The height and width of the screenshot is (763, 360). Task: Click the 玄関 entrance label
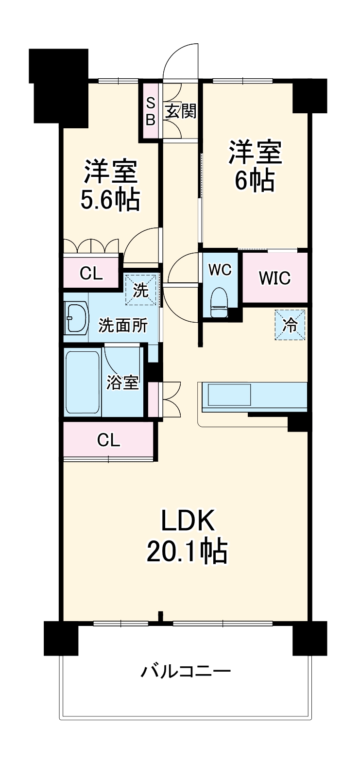pos(180,111)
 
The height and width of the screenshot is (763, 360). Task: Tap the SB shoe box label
pos(150,111)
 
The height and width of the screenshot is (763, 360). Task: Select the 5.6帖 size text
pos(110,200)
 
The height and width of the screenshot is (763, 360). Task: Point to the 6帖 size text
pos(255,181)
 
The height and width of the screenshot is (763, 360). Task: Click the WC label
pos(220,270)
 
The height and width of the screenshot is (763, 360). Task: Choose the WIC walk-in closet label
pos(274,278)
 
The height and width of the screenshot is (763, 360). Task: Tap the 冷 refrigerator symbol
pos(290,325)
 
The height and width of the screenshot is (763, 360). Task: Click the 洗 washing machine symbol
pos(141,291)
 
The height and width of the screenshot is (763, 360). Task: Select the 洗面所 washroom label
pos(123,325)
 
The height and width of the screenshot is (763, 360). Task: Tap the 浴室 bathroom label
pos(123,382)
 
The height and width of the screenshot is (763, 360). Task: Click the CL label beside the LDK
pos(108,440)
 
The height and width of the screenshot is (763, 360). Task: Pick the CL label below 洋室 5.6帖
pos(91,274)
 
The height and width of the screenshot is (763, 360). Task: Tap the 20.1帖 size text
pos(187,550)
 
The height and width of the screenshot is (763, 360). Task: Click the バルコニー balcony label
pos(186,672)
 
